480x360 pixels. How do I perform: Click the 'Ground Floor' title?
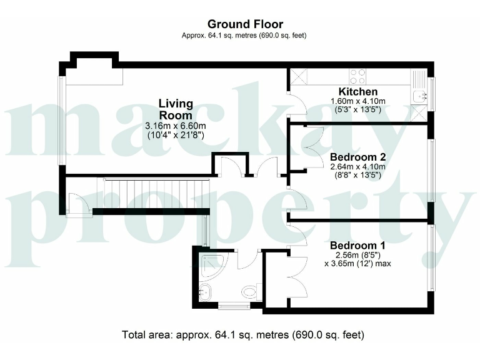tap(241, 24)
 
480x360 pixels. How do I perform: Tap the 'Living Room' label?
tap(176, 109)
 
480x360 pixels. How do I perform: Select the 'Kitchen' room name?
tap(357, 92)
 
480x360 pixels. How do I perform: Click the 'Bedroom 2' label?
tap(357, 157)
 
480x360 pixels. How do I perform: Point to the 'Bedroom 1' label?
tap(357, 245)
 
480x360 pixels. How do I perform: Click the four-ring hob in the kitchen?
tap(357, 76)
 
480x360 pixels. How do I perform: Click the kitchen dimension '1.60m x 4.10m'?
tap(357, 101)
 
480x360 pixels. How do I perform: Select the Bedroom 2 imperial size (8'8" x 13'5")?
tap(357, 175)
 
